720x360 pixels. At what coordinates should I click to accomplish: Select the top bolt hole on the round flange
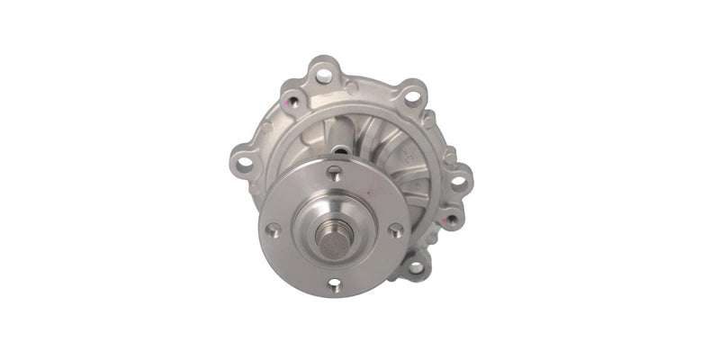(x=334, y=174)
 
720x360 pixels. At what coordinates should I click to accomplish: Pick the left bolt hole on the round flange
(x=274, y=229)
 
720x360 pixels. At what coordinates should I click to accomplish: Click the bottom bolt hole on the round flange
(x=335, y=286)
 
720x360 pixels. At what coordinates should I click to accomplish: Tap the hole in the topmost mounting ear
(x=322, y=75)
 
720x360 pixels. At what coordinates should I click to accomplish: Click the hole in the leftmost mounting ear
(x=244, y=163)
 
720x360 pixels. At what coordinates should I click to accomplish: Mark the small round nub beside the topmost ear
(x=352, y=86)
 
